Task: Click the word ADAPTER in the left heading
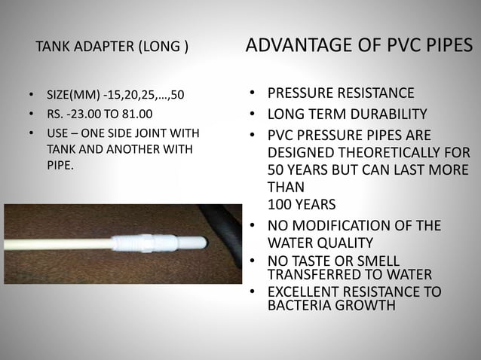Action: (107, 50)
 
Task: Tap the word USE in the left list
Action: (57, 134)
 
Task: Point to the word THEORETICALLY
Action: (390, 153)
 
